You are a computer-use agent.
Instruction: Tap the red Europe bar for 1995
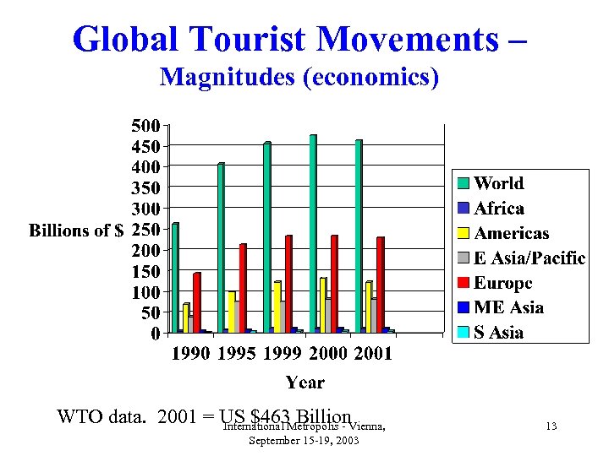tap(244, 288)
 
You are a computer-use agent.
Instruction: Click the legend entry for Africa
tap(499, 209)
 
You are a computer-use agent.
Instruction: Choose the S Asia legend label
tap(498, 332)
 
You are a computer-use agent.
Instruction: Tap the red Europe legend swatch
tap(464, 283)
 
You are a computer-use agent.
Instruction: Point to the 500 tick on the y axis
tap(145, 126)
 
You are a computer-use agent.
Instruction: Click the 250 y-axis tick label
tap(145, 230)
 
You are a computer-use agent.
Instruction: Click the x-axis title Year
tap(304, 383)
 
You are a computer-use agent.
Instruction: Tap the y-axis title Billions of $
tap(77, 231)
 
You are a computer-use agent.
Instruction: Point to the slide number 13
tap(551, 426)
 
